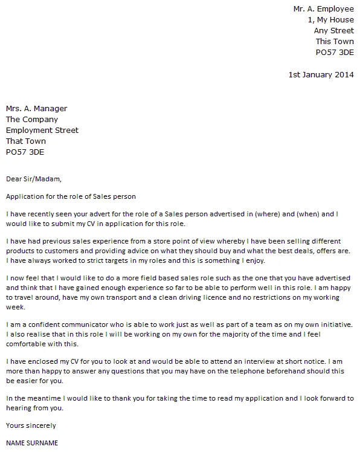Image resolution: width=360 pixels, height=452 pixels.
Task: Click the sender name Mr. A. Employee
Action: click(323, 9)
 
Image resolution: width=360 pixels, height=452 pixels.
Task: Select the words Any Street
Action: click(333, 31)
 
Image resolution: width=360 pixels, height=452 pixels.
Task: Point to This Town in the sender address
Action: click(335, 42)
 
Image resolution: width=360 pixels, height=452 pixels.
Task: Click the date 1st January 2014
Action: click(321, 75)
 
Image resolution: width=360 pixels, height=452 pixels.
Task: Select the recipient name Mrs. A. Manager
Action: click(36, 109)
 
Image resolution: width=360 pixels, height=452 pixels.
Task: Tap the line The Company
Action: click(32, 120)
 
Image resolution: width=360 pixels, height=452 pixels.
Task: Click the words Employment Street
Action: click(42, 131)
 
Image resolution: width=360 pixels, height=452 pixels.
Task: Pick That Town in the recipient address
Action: click(26, 141)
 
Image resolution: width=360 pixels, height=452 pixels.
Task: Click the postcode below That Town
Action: click(25, 152)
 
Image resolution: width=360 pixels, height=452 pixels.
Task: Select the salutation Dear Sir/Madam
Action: click(34, 179)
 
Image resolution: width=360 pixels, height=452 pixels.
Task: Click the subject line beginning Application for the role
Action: click(71, 196)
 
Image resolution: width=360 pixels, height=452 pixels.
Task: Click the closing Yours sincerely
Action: click(30, 425)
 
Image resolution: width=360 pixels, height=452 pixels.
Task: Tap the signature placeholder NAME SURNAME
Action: click(32, 443)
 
